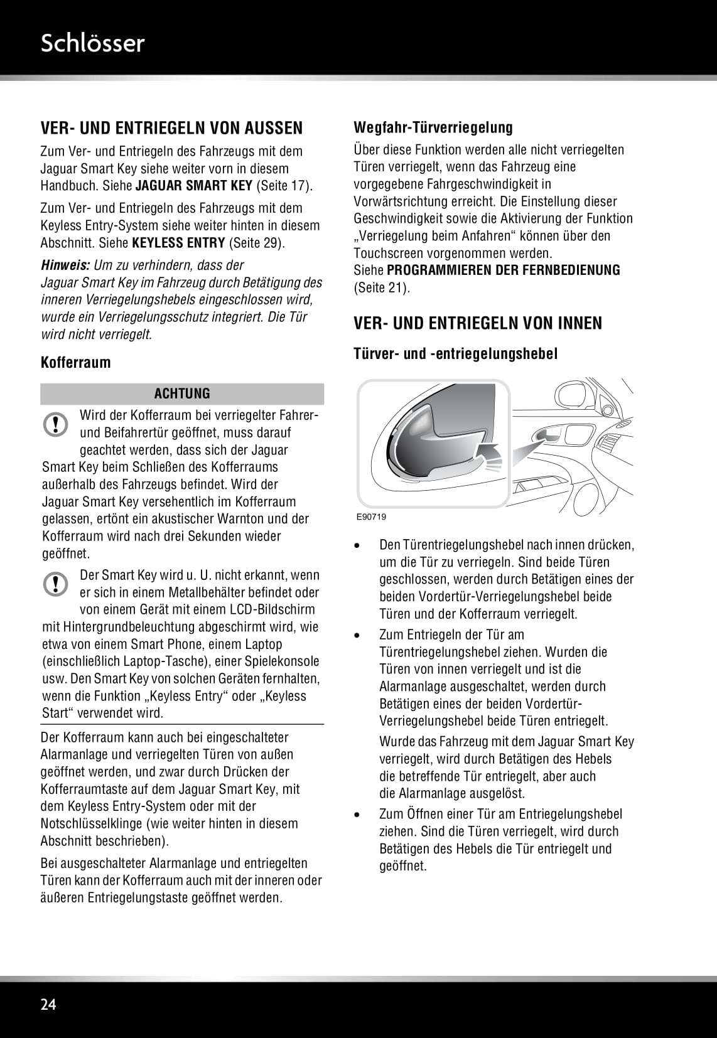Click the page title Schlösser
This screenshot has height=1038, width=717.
click(x=92, y=43)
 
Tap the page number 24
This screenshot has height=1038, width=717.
click(x=48, y=1004)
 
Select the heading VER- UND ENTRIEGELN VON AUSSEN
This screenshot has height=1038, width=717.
click(x=171, y=129)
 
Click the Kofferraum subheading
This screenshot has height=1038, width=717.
click(x=75, y=363)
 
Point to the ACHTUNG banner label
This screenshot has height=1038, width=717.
click(x=182, y=394)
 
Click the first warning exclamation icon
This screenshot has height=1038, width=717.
click(x=56, y=424)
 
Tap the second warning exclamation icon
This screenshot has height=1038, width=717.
click(x=56, y=584)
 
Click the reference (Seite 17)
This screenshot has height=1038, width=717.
click(x=284, y=186)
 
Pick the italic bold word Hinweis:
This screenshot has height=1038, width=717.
click(x=65, y=265)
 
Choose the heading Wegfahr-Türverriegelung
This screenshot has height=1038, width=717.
click(x=433, y=127)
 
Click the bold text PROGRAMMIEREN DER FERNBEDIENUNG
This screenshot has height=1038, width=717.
click(x=504, y=270)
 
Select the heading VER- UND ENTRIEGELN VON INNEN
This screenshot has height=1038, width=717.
click(x=478, y=324)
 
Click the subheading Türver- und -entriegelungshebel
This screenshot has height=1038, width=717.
click(x=455, y=354)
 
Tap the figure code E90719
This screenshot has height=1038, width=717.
click(x=371, y=517)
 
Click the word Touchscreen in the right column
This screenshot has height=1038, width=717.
click(x=389, y=254)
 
